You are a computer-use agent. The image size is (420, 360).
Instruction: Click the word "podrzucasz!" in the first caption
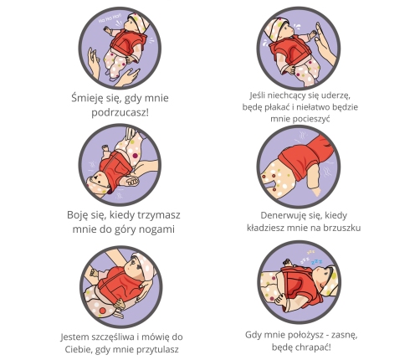[120, 113]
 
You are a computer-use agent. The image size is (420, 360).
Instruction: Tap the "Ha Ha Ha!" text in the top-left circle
[110, 19]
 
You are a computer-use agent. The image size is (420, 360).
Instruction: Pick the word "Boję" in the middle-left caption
[76, 215]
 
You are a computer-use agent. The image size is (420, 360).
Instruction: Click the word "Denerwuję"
[281, 215]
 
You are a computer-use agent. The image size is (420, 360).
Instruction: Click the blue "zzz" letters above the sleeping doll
[316, 262]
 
